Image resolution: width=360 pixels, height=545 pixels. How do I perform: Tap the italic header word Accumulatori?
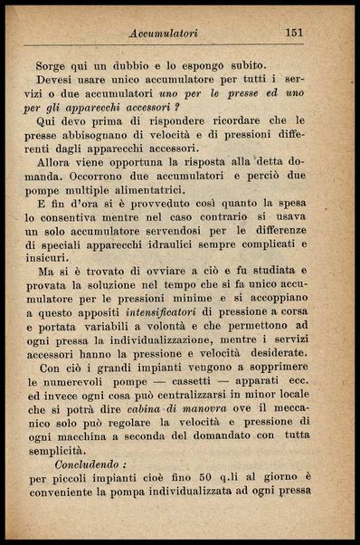coord(164,33)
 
